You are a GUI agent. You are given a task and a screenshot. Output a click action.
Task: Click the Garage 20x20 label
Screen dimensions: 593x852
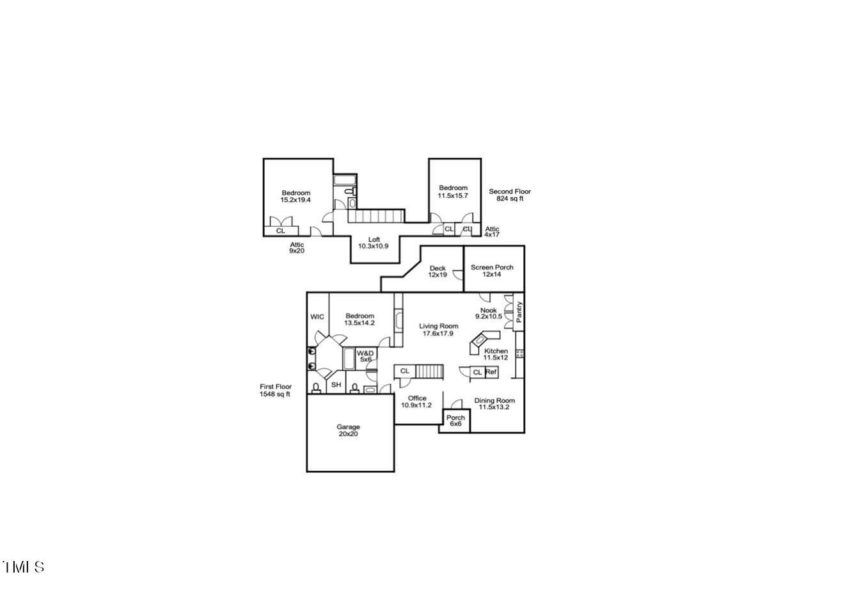pos(348,430)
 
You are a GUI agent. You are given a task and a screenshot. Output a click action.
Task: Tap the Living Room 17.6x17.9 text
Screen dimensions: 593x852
pos(439,330)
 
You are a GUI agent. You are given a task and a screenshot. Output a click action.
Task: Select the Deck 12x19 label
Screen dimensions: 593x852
pos(438,272)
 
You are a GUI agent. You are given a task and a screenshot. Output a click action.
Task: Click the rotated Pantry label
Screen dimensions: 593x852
pos(519,312)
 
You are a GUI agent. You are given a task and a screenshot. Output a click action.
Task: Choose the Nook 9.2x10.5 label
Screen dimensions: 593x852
pos(488,313)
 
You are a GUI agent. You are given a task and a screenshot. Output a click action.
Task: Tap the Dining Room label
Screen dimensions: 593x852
pos(494,403)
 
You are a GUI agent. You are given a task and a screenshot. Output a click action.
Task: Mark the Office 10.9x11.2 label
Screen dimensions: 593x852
pos(416,402)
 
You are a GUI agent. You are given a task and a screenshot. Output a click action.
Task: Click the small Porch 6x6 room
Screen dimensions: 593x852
pos(456,421)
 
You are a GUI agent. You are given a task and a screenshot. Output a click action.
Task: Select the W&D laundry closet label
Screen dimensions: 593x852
pos(365,356)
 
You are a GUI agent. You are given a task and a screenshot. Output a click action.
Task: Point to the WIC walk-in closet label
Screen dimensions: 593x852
pos(317,317)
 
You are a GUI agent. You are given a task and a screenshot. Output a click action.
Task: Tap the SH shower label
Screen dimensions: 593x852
pos(336,386)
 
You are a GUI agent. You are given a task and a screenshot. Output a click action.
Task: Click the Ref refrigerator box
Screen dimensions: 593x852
pos(491,372)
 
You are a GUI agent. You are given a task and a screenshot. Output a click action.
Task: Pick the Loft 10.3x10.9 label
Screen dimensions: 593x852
pos(374,243)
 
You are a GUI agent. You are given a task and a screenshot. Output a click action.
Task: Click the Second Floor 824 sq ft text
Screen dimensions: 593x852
pos(510,195)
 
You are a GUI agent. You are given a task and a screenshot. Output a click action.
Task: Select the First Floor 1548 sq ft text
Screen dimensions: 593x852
pos(276,390)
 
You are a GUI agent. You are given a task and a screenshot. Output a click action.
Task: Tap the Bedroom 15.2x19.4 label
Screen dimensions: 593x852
pos(296,196)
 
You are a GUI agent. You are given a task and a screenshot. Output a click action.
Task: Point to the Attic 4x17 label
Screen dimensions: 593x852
pos(492,232)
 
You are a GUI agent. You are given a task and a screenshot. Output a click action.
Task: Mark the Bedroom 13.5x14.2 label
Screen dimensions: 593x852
pos(359,319)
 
